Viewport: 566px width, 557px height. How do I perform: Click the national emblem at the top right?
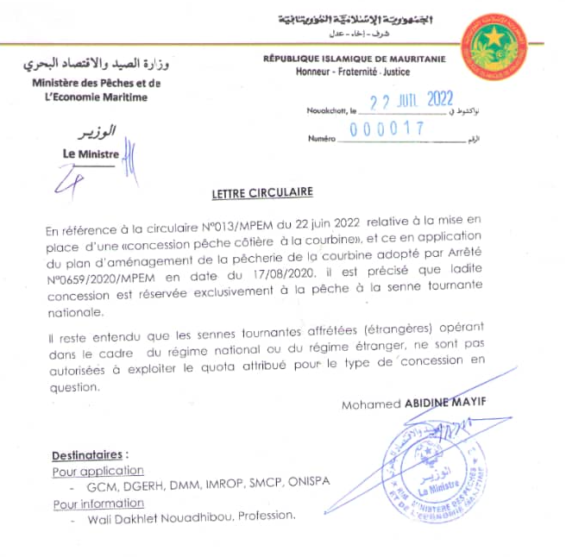506,43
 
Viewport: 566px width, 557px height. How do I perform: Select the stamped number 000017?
387,129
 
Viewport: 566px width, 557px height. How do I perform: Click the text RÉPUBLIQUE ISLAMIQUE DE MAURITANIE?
355,59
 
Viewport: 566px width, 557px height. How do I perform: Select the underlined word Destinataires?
90,454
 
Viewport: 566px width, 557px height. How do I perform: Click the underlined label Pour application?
97,471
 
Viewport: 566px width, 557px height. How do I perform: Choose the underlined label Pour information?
99,503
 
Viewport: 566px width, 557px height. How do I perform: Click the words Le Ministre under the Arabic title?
91,153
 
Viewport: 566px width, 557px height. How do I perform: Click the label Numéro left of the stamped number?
321,139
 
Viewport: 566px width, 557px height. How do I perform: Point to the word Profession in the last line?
266,518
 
